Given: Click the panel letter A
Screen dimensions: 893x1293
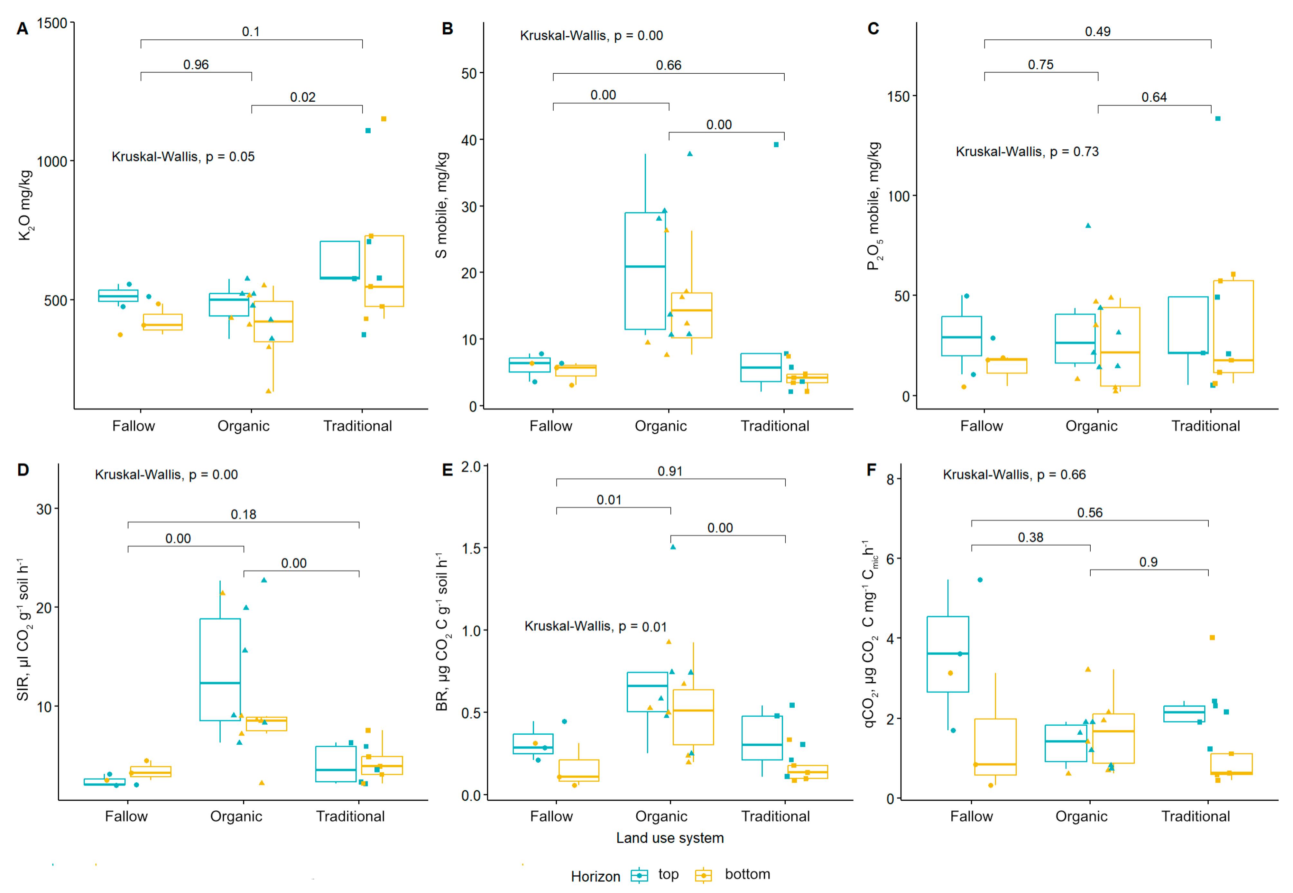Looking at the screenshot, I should (23, 29).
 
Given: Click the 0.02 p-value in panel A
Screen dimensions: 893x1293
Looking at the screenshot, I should (303, 97).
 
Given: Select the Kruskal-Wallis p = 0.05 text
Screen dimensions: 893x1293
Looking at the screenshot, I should (183, 157).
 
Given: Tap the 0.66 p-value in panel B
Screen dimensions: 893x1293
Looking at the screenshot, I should (669, 66).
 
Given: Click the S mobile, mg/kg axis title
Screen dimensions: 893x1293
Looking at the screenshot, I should (441, 205).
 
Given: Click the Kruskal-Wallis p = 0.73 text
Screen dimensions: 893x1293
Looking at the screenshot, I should (1027, 152).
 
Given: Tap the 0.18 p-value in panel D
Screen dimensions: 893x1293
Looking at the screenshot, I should (243, 514).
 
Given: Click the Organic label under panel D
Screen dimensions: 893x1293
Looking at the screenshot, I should (236, 816).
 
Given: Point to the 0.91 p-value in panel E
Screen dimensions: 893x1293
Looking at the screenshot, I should (670, 471).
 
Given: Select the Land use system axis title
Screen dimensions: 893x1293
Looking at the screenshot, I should (670, 838).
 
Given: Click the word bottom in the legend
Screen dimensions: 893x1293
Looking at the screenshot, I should (747, 874).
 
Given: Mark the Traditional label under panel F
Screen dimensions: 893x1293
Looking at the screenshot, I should (1195, 816).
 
